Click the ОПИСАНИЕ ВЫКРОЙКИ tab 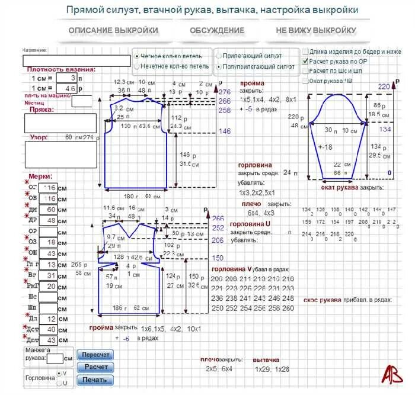click(113, 30)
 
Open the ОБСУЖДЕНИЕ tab click(217, 30)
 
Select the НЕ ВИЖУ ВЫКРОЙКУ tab click(316, 30)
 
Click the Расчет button click(96, 367)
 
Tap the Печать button click(96, 380)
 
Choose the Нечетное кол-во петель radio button click(138, 66)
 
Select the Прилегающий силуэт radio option click(218, 56)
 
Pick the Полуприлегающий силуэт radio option click(218, 67)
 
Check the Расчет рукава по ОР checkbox click(305, 61)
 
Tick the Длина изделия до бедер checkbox click(305, 52)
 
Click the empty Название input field click(76, 60)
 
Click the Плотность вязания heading click(53, 70)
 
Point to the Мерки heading click(40, 176)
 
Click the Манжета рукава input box click(55, 358)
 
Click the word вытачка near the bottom click(266, 360)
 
